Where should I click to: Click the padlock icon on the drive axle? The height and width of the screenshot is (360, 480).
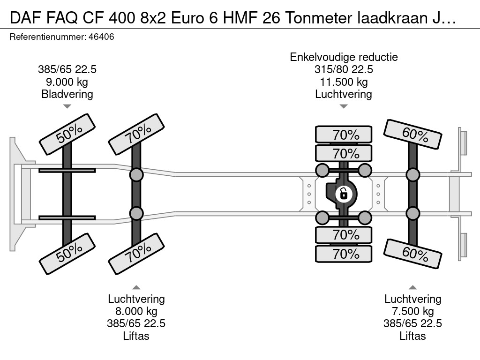344,194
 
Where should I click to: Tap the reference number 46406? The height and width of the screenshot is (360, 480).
101,37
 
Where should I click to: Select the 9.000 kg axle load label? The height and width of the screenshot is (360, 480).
67,82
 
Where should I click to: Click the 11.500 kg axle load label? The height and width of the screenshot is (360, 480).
344,82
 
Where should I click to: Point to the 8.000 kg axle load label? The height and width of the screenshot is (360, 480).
136,311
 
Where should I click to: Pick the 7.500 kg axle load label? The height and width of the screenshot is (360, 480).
412,311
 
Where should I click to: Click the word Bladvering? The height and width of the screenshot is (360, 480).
67,94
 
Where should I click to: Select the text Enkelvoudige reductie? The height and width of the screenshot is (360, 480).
344,57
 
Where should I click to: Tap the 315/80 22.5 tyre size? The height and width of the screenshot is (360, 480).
344,69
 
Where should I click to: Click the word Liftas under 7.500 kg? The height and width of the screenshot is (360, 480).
412,336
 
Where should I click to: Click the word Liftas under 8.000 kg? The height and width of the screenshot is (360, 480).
136,336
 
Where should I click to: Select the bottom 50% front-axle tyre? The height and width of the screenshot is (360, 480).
67,254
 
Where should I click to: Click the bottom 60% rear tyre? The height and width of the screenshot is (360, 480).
412,254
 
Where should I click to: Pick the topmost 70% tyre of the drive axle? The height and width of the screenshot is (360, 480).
344,135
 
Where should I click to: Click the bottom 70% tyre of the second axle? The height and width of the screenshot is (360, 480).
136,254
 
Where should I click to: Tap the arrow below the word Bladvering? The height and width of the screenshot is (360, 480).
67,106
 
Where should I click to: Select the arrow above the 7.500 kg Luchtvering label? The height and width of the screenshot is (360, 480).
412,287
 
